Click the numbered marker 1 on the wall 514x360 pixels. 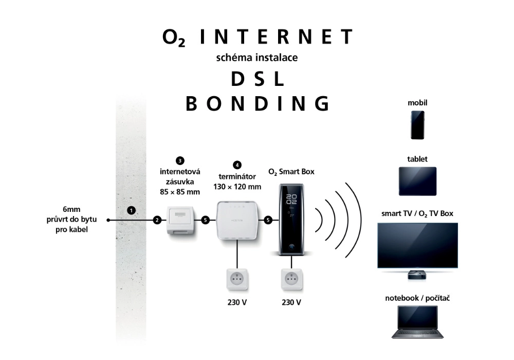(x=132, y=210)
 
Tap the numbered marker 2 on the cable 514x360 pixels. (x=157, y=220)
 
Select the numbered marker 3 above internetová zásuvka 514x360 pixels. (x=179, y=160)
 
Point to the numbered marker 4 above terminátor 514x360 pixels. (x=236, y=165)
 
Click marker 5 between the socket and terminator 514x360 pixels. (x=205, y=220)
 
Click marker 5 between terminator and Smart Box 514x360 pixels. (x=267, y=220)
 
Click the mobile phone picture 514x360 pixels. (x=417, y=125)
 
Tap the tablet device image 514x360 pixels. (x=417, y=181)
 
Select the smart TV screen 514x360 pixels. (x=417, y=245)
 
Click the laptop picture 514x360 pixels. (x=417, y=322)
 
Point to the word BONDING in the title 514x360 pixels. (x=256, y=103)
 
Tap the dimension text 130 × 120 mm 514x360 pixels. (x=236, y=187)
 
